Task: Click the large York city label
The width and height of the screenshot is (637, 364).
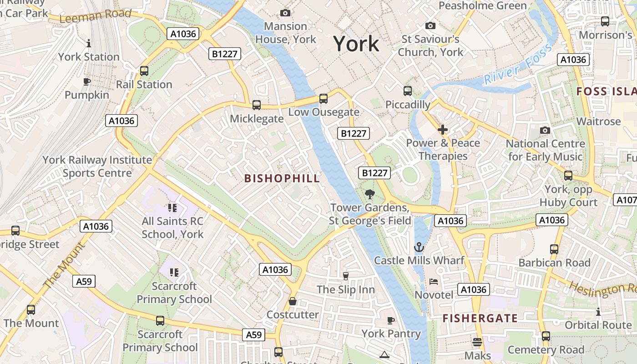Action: pyautogui.click(x=356, y=44)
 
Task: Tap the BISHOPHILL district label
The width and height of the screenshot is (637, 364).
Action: pyautogui.click(x=282, y=178)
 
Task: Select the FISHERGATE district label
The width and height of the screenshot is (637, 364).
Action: pyautogui.click(x=480, y=318)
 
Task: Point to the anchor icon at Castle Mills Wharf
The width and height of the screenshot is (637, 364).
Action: pyautogui.click(x=418, y=247)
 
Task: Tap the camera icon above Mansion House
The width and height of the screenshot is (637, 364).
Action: pyautogui.click(x=285, y=13)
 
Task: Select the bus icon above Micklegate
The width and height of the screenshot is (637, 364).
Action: pyautogui.click(x=257, y=105)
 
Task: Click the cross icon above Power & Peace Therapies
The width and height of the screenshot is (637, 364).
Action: pyautogui.click(x=442, y=130)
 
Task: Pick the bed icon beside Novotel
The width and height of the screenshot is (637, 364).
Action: pyautogui.click(x=434, y=281)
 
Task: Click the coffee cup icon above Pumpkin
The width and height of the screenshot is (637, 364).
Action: pyautogui.click(x=87, y=82)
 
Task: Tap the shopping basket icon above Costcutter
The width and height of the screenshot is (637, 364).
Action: pyautogui.click(x=293, y=301)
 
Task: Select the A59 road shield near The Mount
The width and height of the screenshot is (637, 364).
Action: pyautogui.click(x=84, y=281)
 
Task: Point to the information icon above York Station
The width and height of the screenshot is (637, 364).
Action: pyautogui.click(x=89, y=43)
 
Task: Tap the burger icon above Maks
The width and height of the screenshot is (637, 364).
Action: pyautogui.click(x=477, y=342)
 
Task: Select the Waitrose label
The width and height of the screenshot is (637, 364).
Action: pyautogui.click(x=598, y=121)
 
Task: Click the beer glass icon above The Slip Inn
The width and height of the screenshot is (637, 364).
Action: pyautogui.click(x=345, y=276)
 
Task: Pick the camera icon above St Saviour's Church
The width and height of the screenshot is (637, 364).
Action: pyautogui.click(x=430, y=26)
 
